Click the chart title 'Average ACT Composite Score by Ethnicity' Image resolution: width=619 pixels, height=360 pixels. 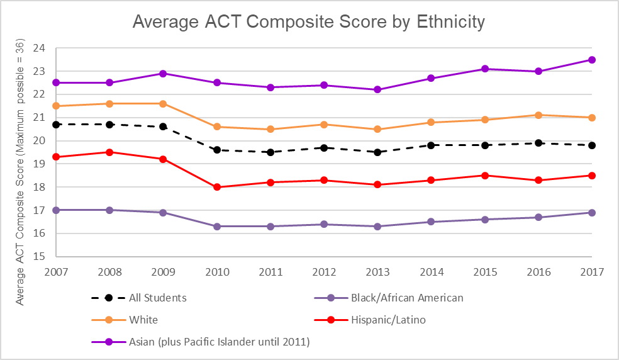click(x=309, y=22)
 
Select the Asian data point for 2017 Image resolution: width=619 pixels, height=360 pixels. click(x=591, y=60)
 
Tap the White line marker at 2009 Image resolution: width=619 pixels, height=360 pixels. click(x=163, y=103)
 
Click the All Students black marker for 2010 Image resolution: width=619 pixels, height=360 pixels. click(x=216, y=150)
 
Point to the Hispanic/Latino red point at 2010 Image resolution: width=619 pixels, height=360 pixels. click(x=216, y=187)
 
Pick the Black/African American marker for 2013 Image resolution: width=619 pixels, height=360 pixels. click(x=377, y=227)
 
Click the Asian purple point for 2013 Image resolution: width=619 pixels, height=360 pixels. click(x=377, y=89)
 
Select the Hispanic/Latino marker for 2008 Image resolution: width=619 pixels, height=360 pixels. click(x=109, y=152)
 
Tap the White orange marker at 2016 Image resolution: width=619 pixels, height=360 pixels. click(x=538, y=115)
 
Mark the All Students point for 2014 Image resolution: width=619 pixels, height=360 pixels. click(x=431, y=145)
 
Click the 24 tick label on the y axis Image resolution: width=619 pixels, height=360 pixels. click(x=39, y=48)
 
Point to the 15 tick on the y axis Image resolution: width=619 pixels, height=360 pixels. click(x=39, y=257)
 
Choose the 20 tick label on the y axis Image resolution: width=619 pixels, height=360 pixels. click(x=39, y=140)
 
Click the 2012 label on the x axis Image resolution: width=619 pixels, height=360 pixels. click(x=323, y=273)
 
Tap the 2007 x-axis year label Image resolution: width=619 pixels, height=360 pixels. click(x=55, y=273)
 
